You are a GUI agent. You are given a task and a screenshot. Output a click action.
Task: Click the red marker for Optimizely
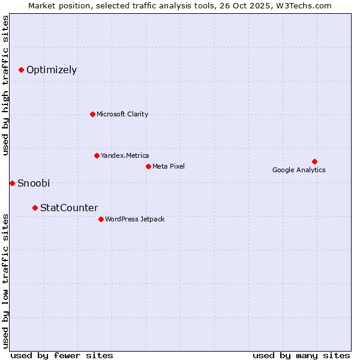point(21,70)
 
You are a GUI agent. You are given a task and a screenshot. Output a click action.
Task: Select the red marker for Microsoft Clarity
point(92,114)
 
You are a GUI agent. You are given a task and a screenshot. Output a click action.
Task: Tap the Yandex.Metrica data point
point(97,155)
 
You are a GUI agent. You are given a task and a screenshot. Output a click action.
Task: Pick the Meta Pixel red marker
point(148,166)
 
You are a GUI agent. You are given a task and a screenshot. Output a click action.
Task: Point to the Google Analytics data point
point(314,161)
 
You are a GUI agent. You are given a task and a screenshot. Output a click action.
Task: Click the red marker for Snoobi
point(12,183)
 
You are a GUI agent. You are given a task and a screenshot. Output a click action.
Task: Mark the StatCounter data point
point(35,208)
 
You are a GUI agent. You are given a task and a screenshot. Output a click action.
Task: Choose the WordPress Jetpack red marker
point(101,219)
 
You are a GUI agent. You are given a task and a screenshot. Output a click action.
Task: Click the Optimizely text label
point(52,70)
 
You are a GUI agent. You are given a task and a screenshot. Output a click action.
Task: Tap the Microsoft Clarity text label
point(122,114)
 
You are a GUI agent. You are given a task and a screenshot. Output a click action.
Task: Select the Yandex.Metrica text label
point(125,155)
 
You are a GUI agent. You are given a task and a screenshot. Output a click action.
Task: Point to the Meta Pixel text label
point(169,166)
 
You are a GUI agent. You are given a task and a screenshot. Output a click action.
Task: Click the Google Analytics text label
point(299,170)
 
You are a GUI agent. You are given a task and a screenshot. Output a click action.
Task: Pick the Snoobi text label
point(34,183)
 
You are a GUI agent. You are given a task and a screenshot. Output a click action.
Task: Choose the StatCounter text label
point(69,208)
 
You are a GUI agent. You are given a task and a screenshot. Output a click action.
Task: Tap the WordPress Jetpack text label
point(134,219)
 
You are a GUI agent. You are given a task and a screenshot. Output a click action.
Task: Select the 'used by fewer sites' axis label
point(62,355)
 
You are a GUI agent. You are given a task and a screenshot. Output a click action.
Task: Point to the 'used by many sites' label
point(301,355)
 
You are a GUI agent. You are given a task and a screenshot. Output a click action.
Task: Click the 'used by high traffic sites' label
point(5,85)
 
